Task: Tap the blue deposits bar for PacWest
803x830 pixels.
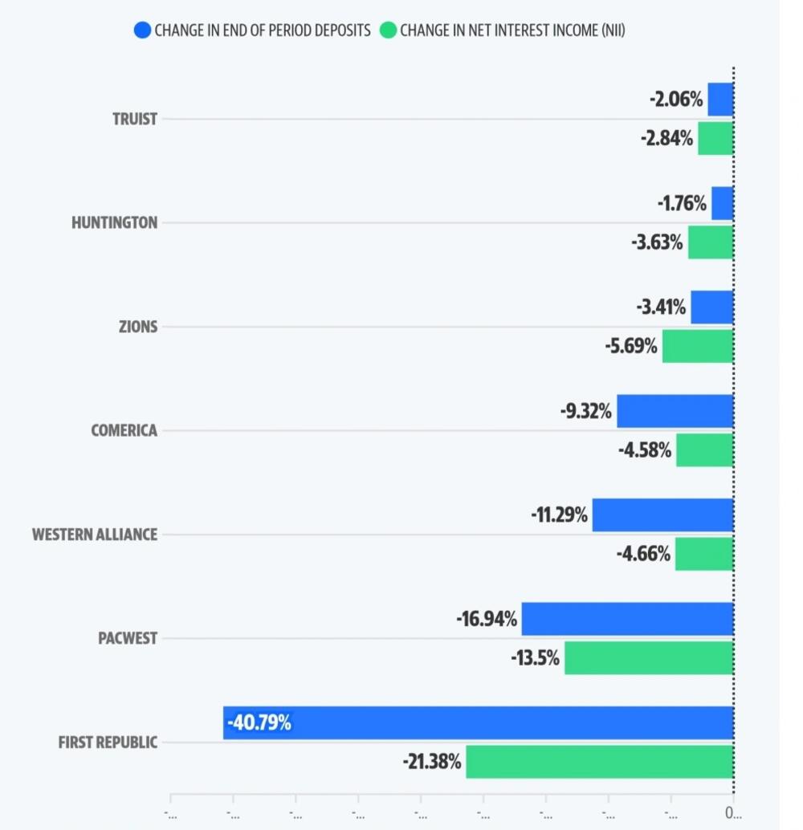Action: pos(627,619)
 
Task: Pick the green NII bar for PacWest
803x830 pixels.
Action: pos(649,657)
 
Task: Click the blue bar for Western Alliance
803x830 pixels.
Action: pos(662,515)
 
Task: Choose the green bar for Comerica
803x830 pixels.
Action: pos(704,450)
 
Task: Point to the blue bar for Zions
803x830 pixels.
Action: pos(711,307)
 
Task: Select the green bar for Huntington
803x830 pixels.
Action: pos(710,242)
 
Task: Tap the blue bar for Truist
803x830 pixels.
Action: pos(720,100)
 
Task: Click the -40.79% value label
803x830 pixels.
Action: pos(259,723)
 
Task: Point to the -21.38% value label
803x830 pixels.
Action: pos(432,762)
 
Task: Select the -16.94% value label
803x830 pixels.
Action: pos(487,620)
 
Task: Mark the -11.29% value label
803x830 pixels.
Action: pos(559,515)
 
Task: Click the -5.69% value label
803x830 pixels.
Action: pos(631,346)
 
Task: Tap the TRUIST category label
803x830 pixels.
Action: pos(135,119)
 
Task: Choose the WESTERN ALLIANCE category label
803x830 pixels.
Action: pos(95,535)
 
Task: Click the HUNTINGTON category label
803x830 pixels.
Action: pos(115,223)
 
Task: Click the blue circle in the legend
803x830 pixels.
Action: pos(142,31)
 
